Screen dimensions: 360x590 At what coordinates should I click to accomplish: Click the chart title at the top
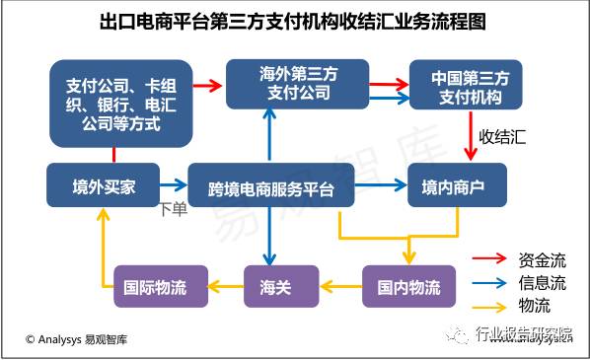click(294, 21)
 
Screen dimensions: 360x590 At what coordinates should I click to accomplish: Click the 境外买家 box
click(104, 184)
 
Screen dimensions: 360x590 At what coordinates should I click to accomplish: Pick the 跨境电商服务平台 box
click(270, 185)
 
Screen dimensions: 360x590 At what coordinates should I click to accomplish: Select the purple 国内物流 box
click(409, 287)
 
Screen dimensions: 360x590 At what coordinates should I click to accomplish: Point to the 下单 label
click(173, 208)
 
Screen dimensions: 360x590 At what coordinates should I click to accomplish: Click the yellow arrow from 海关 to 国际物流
click(227, 287)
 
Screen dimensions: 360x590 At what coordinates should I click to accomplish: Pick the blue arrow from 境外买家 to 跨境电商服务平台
click(174, 184)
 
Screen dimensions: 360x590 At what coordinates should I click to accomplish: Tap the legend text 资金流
click(542, 261)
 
